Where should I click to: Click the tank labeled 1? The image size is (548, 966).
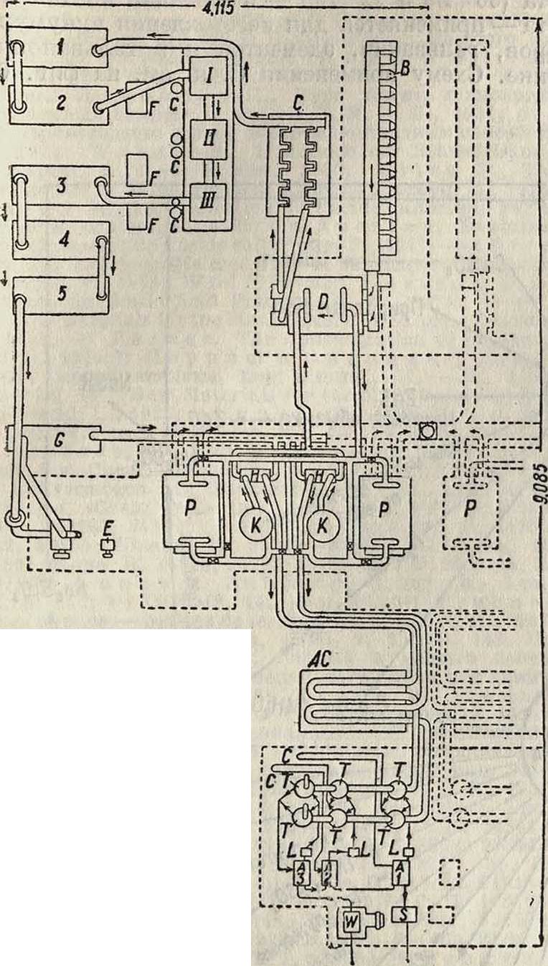coord(60,49)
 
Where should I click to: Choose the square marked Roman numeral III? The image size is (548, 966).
coord(207,195)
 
